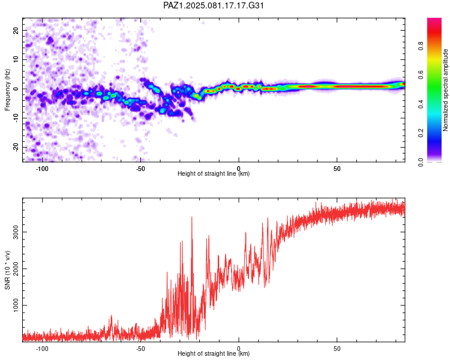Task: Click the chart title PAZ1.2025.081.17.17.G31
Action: pyautogui.click(x=213, y=5)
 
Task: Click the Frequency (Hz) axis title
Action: pyautogui.click(x=7, y=89)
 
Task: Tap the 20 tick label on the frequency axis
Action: pyautogui.click(x=16, y=30)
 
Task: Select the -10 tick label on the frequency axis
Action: pyautogui.click(x=16, y=119)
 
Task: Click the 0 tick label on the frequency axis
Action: pyautogui.click(x=16, y=89)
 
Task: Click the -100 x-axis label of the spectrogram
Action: pyautogui.click(x=42, y=169)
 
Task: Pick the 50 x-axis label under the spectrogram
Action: pyautogui.click(x=337, y=169)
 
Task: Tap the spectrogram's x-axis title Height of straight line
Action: pyautogui.click(x=214, y=173)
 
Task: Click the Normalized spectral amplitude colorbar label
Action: pyautogui.click(x=445, y=90)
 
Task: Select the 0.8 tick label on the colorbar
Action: pyautogui.click(x=421, y=46)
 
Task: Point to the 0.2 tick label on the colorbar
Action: pyautogui.click(x=421, y=133)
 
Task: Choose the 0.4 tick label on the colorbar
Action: pyautogui.click(x=421, y=104)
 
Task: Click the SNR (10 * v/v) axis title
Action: pyautogui.click(x=7, y=270)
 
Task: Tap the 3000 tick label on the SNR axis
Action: pyautogui.click(x=16, y=232)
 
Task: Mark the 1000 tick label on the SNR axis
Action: pyautogui.click(x=16, y=305)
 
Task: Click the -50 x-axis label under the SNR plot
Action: pyautogui.click(x=140, y=349)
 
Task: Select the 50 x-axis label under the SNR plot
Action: pyautogui.click(x=337, y=349)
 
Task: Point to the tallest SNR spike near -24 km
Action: pyautogui.click(x=192, y=217)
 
